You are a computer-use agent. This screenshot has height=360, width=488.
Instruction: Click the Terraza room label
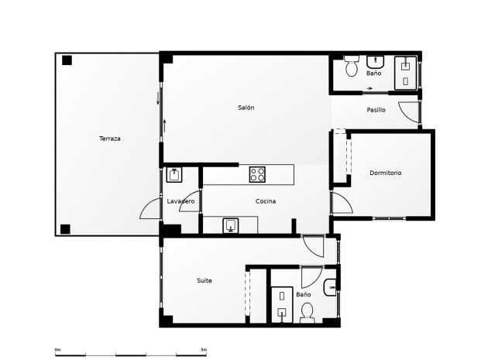point(109,139)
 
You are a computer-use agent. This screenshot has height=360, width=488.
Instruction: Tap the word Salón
point(246,108)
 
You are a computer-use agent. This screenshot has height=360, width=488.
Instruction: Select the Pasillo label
point(376,110)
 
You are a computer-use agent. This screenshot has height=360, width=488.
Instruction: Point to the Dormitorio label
point(385,173)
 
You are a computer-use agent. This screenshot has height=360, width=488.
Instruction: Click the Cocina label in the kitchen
point(266,201)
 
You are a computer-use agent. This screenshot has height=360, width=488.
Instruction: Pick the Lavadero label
point(180,201)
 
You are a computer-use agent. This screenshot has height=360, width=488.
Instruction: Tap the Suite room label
point(204,280)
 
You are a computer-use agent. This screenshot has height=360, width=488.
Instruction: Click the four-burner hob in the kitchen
point(257,174)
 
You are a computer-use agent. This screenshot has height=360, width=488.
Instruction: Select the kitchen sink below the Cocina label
point(231,225)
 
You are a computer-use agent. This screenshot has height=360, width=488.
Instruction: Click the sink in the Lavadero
point(174,174)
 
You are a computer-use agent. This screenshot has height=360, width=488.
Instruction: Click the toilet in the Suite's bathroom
point(307,311)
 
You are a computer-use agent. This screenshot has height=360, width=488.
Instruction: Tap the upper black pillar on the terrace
point(67,60)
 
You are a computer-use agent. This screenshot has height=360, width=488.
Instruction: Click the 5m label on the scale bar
point(204,350)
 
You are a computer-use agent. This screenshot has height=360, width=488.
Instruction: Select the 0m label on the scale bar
point(57,350)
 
